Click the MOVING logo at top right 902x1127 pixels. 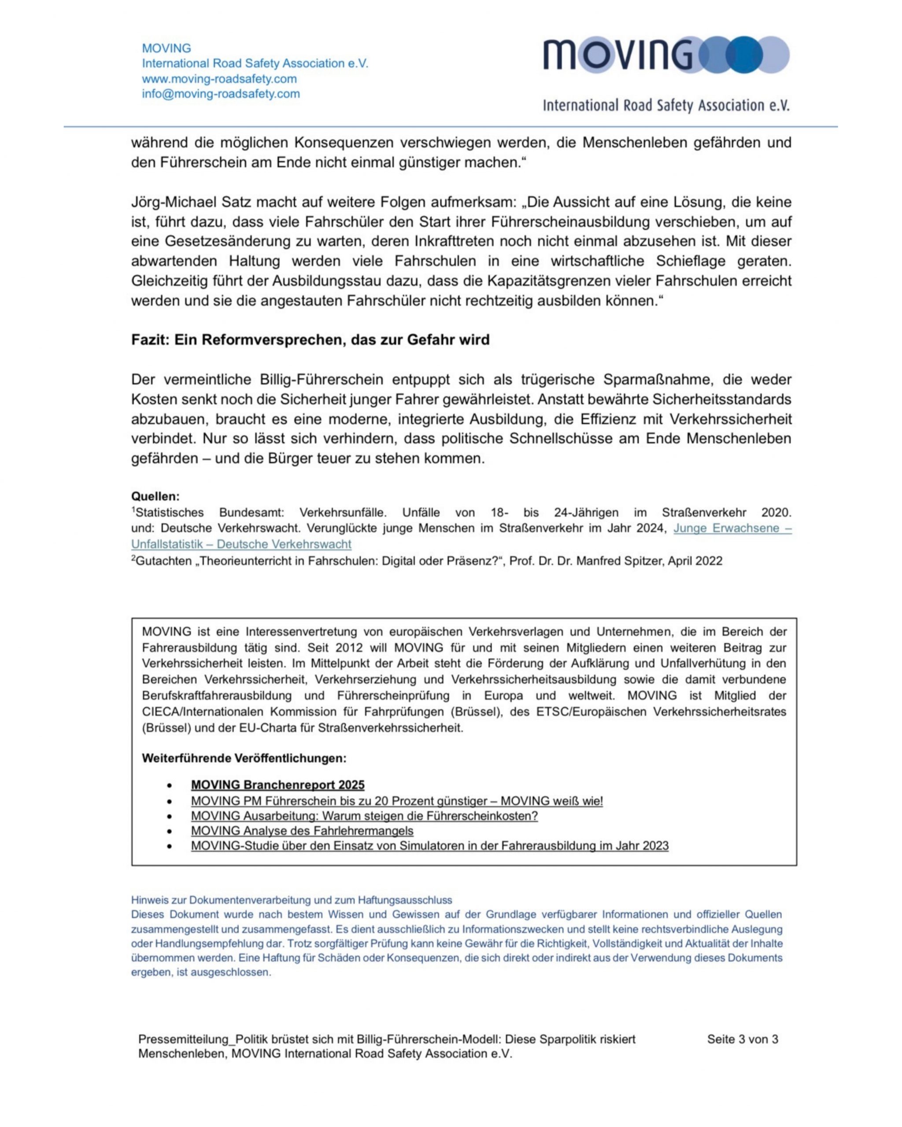coord(665,54)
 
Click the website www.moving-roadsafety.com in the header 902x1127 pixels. coord(219,79)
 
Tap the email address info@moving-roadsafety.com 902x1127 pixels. coord(221,94)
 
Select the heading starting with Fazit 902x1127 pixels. coord(310,340)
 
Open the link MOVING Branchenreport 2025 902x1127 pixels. coord(277,784)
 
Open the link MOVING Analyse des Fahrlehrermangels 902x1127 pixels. coord(302,831)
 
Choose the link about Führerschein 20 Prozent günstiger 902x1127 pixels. coord(396,800)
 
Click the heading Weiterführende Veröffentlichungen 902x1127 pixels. coord(244,758)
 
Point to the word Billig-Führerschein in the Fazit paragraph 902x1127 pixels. coord(322,379)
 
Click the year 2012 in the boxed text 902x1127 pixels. coord(349,648)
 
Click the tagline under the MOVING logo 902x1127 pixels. coord(665,106)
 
